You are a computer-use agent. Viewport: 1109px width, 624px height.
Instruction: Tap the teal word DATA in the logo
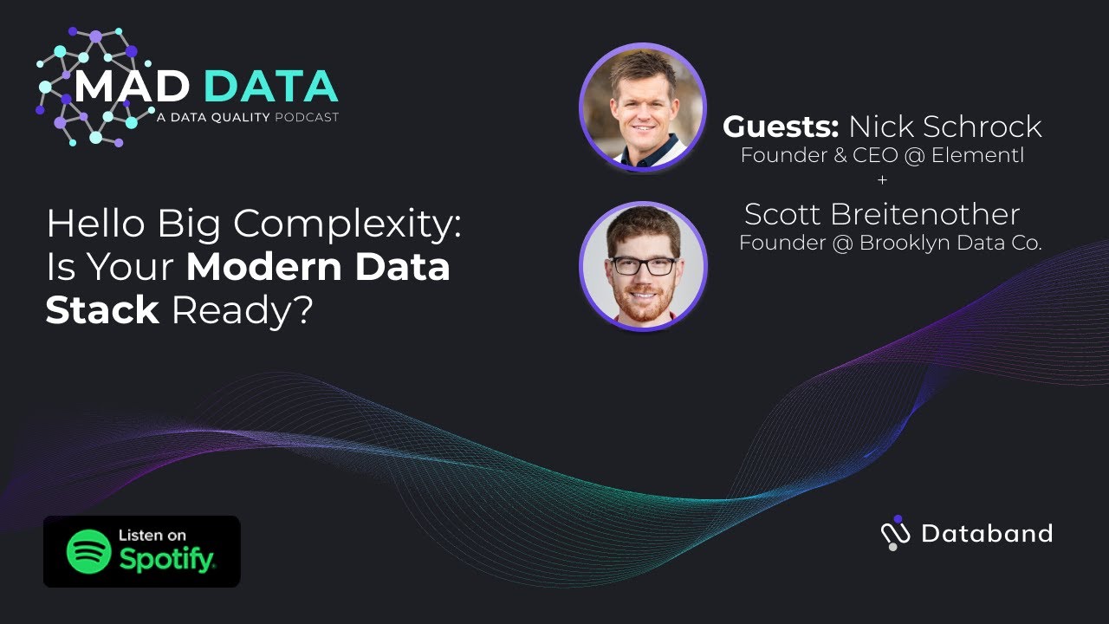coord(271,88)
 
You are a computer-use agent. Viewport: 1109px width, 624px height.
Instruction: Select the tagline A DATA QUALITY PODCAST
coord(248,117)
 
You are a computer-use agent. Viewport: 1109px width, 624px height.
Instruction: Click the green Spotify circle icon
coord(89,551)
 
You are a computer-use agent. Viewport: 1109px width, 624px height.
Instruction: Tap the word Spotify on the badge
coord(167,559)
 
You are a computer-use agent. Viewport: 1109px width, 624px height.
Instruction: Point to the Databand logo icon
coord(895,533)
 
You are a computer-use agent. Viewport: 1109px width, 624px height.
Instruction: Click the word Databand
coord(987,533)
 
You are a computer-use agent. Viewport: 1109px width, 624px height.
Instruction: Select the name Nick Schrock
coord(944,127)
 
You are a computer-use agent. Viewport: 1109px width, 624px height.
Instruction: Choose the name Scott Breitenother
coord(882,214)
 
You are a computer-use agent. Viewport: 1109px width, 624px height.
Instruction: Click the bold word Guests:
coord(781,127)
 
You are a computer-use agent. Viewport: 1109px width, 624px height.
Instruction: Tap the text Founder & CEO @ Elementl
coord(882,156)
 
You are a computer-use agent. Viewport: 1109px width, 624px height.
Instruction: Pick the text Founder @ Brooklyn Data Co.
coord(890,244)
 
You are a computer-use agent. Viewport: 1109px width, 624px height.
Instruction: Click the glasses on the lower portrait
coord(643,265)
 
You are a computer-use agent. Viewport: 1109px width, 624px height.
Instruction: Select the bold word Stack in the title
coord(102,310)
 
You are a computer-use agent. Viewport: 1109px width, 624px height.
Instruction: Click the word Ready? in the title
coord(242,310)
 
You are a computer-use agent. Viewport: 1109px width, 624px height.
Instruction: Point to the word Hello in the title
coord(95,225)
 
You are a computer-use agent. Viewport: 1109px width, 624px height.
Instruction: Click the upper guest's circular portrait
coord(642,106)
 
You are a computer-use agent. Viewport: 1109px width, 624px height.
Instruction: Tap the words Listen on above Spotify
coord(152,535)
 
